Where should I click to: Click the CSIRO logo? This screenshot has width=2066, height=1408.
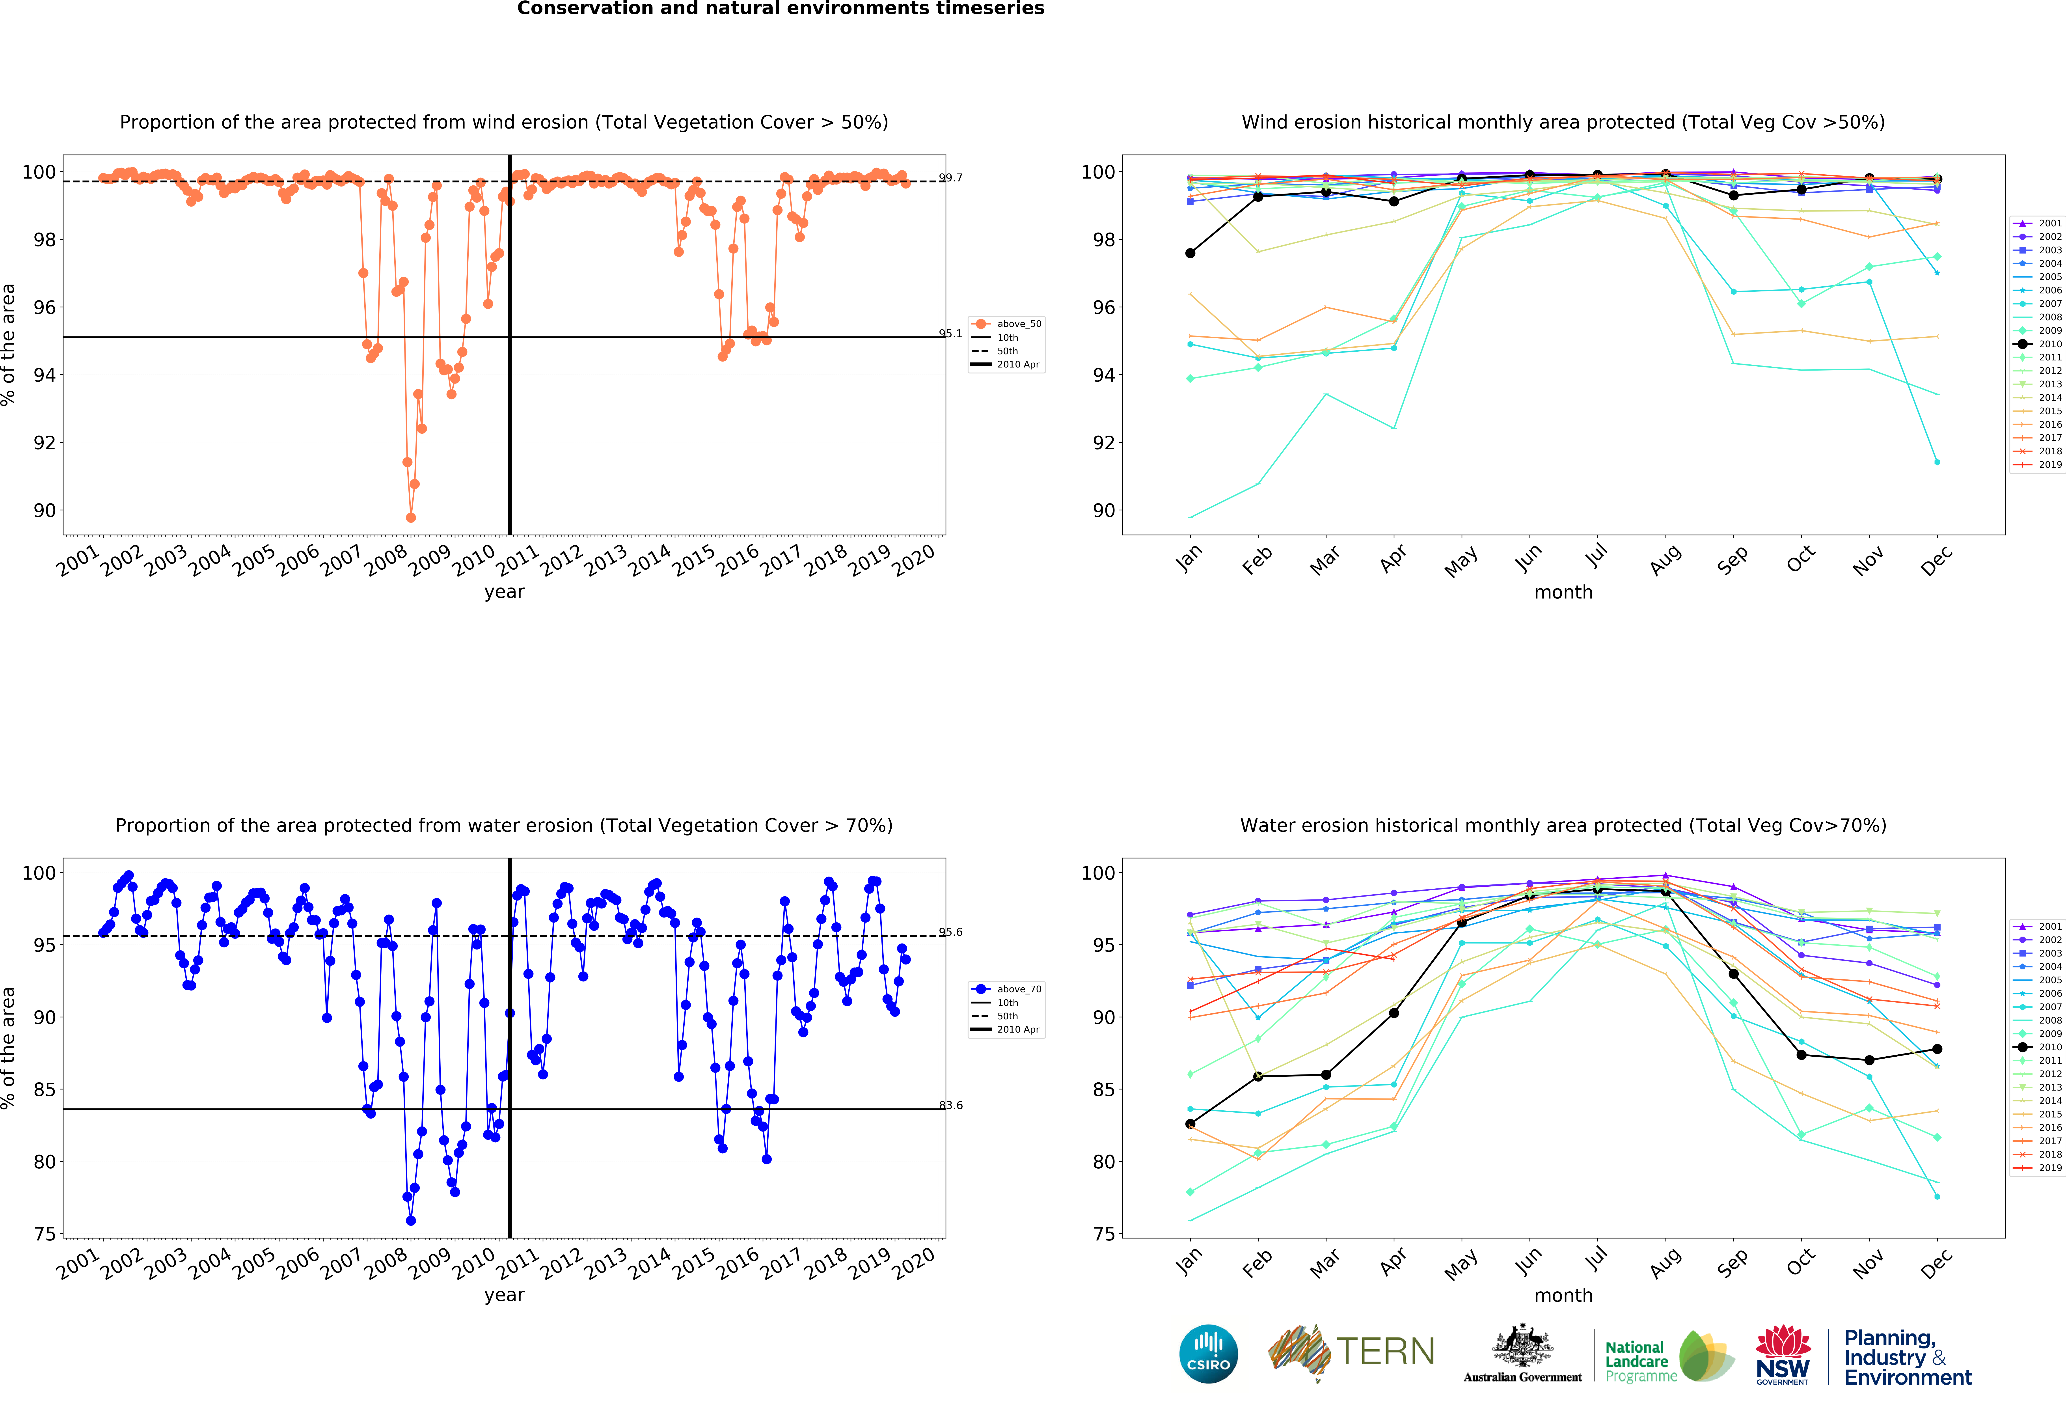pos(1208,1354)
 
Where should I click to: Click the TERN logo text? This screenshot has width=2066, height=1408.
pos(1385,1352)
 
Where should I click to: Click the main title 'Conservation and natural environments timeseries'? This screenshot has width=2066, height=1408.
pos(781,9)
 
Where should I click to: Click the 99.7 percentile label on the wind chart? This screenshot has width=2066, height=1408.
pos(950,178)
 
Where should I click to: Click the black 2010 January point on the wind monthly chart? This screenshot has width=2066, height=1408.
pos(1190,253)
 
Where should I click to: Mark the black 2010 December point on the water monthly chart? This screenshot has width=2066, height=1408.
pos(1937,1049)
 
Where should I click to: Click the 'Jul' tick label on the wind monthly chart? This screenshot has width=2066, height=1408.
pos(1597,556)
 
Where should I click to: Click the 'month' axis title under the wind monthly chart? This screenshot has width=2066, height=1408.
pos(1563,592)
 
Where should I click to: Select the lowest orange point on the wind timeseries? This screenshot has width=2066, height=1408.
pos(411,517)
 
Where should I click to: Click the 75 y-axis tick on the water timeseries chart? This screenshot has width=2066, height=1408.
pos(45,1234)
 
